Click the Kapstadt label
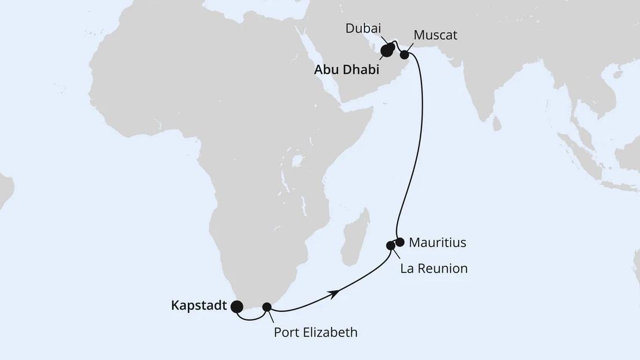point(199,306)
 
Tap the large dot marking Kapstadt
point(237,307)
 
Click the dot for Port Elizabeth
point(267,307)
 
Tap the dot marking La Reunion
point(391,246)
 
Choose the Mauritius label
point(437,243)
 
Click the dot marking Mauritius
point(399,242)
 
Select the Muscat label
point(435,35)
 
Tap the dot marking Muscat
point(405,55)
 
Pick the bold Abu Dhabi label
point(347,70)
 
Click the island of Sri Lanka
point(496,123)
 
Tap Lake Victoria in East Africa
point(299,160)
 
